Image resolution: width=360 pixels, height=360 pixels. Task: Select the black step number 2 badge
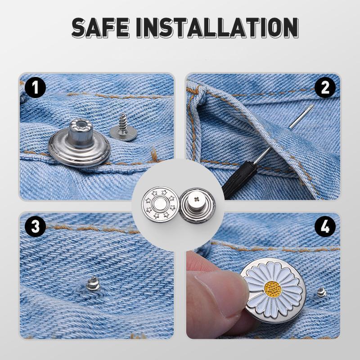pos(325,87)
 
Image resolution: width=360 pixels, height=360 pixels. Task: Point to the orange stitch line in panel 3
pos(90,228)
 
